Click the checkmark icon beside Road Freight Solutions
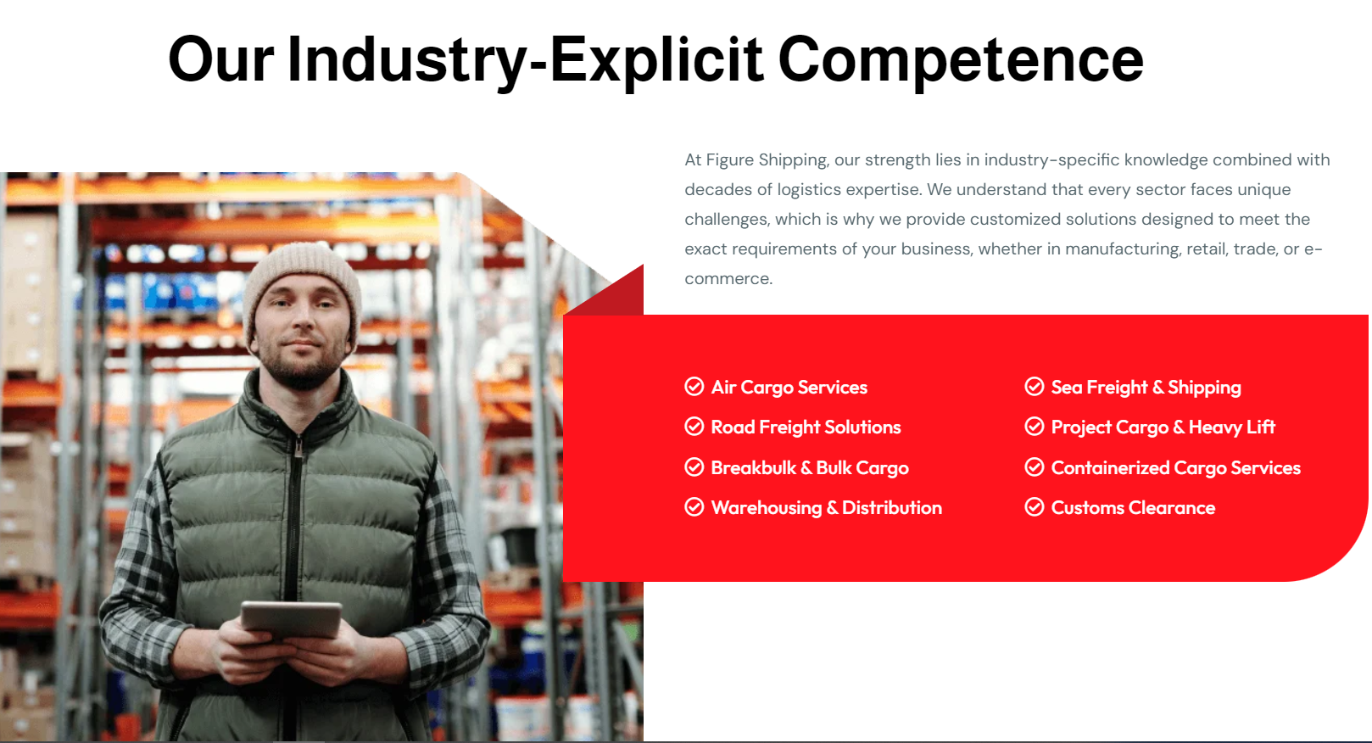coord(694,427)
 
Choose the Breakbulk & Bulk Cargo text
coord(810,468)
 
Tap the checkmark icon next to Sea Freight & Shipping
coord(1035,387)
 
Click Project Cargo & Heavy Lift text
coord(1163,427)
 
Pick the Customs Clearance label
coord(1133,508)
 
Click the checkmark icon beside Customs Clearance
coord(1035,507)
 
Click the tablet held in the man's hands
coord(291,621)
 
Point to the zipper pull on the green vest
coord(298,448)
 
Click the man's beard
coord(302,364)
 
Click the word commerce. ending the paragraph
coord(729,279)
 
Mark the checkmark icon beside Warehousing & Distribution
coord(694,507)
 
